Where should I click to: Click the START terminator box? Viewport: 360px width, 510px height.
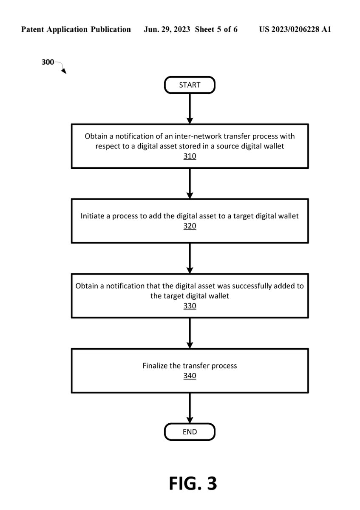[190, 85]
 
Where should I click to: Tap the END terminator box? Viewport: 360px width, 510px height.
[190, 432]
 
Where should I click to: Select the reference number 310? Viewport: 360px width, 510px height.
[190, 156]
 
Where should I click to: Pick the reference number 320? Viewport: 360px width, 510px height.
[190, 226]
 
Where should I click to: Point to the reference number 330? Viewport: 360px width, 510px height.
[190, 306]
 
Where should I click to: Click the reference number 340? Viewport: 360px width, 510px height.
[190, 375]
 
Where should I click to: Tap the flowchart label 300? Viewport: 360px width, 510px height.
[48, 62]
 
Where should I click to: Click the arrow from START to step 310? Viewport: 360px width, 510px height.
[190, 109]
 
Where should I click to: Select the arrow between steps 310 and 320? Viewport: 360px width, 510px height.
[190, 184]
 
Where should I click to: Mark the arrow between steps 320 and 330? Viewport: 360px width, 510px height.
[190, 258]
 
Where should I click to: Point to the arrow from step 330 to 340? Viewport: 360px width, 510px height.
[190, 333]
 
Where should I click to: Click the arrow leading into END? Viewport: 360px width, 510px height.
[190, 408]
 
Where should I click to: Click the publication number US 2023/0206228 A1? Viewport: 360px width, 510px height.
[295, 29]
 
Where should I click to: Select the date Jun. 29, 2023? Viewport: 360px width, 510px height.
[167, 29]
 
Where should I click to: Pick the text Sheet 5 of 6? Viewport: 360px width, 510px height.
[216, 29]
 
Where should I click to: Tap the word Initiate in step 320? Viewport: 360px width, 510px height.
[93, 216]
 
